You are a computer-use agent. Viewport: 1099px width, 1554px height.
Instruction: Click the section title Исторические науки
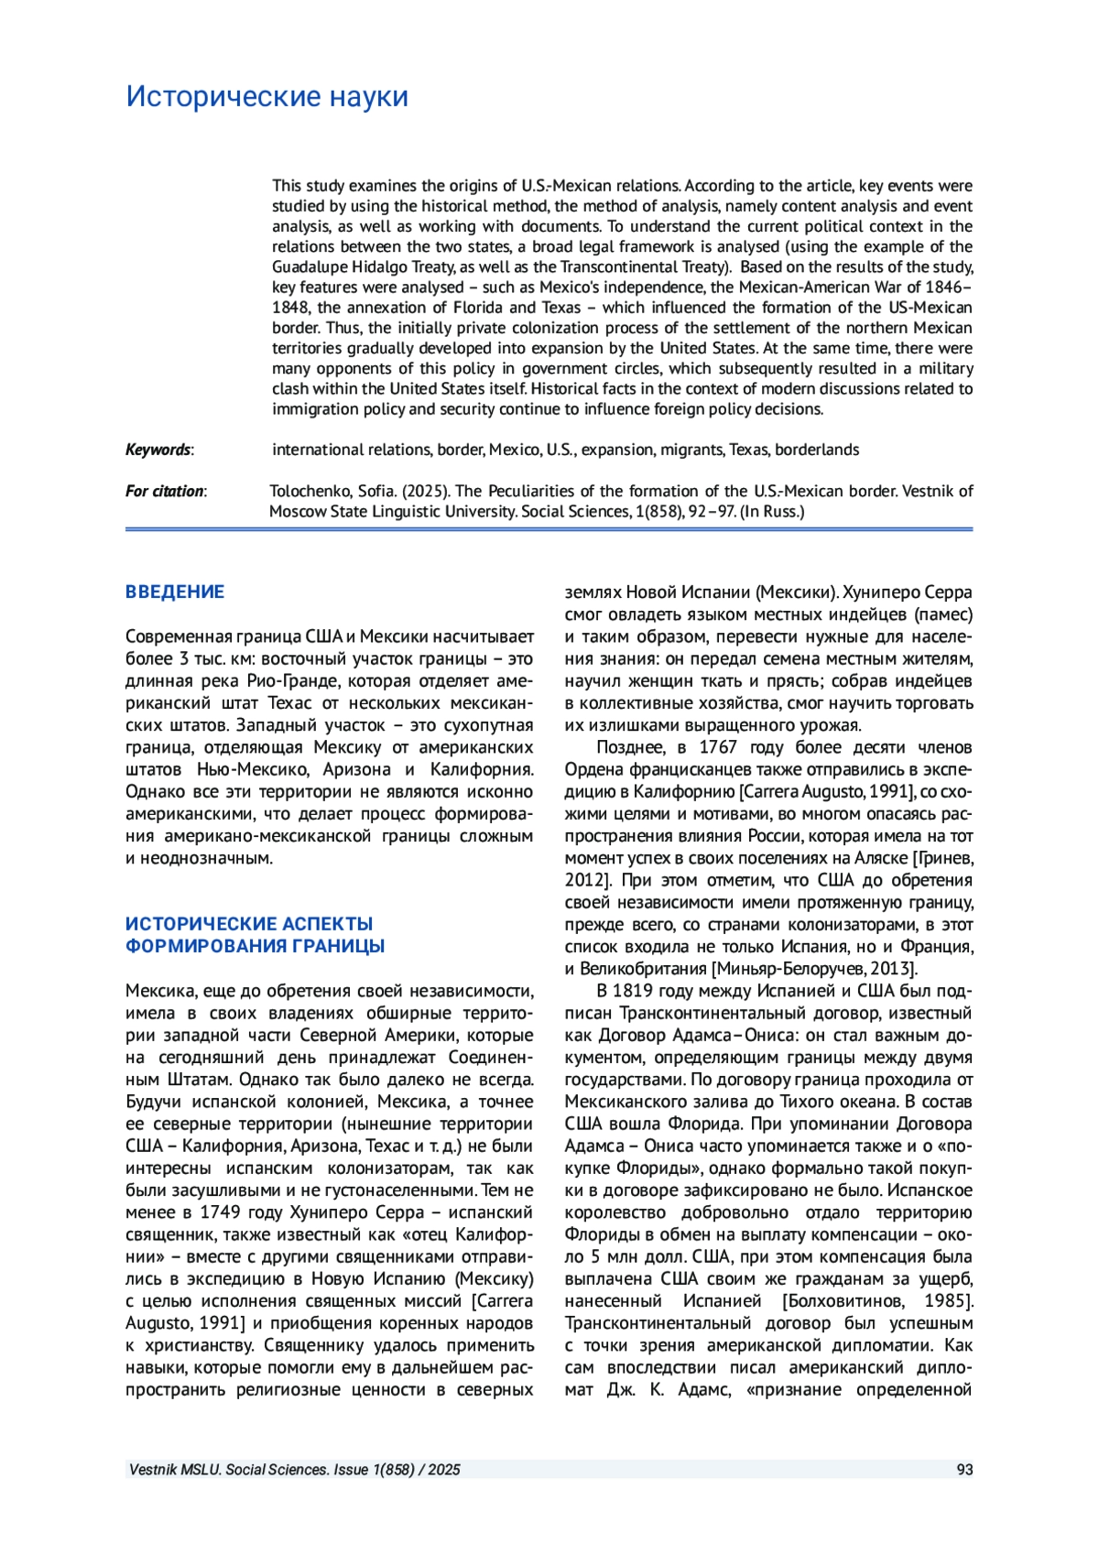(x=267, y=96)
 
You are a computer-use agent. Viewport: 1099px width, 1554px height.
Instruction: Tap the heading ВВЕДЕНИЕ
(x=175, y=592)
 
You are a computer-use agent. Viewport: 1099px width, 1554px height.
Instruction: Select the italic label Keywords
(x=158, y=450)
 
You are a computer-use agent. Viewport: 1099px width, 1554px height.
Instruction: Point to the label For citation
(x=165, y=491)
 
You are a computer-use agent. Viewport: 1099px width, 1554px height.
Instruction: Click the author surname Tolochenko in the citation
(x=309, y=491)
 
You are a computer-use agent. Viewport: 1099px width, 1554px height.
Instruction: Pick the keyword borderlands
(x=817, y=450)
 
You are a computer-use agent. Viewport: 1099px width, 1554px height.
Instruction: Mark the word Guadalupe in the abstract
(x=304, y=266)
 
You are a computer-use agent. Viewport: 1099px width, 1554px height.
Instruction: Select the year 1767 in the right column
(x=718, y=747)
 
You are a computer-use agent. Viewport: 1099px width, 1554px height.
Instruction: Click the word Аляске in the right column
(x=881, y=858)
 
